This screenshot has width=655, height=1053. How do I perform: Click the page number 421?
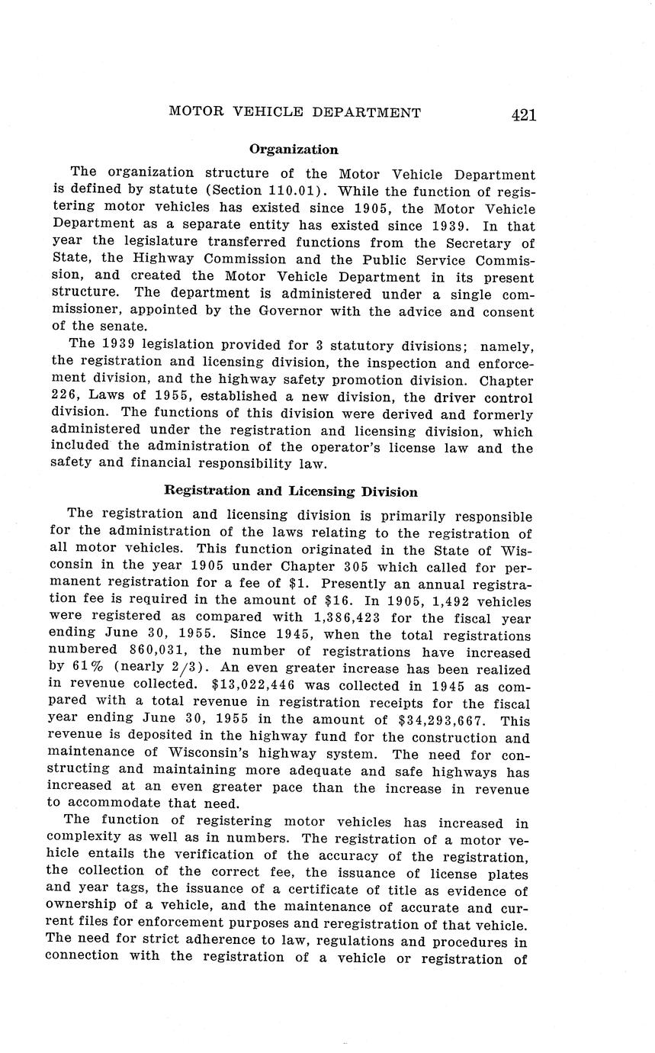coord(524,114)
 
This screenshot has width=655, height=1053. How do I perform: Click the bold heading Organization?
coord(294,150)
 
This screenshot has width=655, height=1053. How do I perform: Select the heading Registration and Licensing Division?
coord(291,491)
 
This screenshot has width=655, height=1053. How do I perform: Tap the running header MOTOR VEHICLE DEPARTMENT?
coord(294,113)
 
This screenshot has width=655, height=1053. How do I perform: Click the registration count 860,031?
coord(149,652)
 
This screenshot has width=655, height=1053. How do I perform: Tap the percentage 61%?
coord(95,669)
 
